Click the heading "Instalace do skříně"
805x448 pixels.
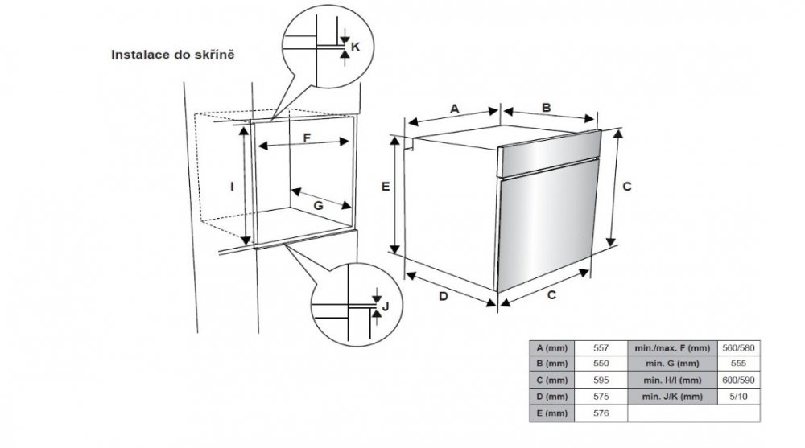coord(172,55)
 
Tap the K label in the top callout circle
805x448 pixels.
coord(355,47)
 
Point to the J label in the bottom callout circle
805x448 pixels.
coord(386,306)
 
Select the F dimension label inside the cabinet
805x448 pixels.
coord(307,138)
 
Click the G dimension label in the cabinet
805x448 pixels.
coord(318,206)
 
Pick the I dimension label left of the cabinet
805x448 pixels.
coord(232,187)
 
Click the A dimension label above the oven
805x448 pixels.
coord(454,109)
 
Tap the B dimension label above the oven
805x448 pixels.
coord(547,108)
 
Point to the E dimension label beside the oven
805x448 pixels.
coord(386,187)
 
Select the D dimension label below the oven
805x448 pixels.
coord(443,296)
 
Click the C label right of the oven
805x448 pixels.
coord(627,187)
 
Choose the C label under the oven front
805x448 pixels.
coord(551,295)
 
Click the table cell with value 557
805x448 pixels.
coord(601,348)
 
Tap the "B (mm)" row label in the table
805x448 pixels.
coord(552,364)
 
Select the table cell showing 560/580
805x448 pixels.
coord(738,348)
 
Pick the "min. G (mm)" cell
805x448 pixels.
coord(672,364)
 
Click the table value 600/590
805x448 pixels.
coord(738,380)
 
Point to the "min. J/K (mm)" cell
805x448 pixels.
coord(672,397)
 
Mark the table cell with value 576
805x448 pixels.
coord(601,413)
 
